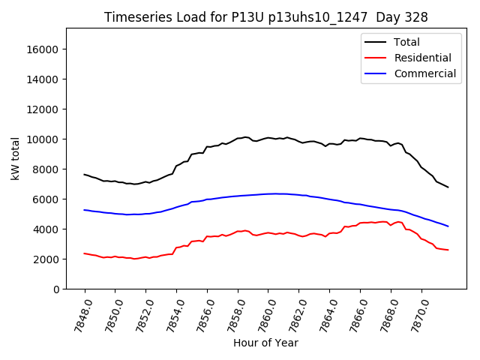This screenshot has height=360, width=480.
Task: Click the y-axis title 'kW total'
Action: pos(16,158)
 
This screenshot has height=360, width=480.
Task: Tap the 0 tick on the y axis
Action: pos(55,289)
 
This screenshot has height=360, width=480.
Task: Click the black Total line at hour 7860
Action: pos(268,138)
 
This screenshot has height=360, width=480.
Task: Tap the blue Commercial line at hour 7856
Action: pos(207,199)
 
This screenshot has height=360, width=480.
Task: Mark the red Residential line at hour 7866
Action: pos(360,223)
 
